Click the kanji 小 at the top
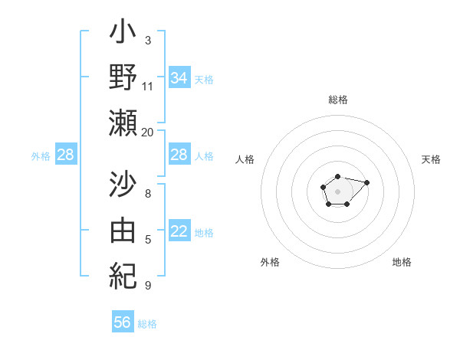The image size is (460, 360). point(123,35)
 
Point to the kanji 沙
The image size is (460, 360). point(123,187)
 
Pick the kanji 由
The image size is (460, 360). point(123,230)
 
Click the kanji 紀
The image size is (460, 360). point(123,273)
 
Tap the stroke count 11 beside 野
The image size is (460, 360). point(148,87)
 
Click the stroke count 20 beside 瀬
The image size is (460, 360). point(148,132)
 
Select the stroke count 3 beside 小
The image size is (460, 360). point(148,40)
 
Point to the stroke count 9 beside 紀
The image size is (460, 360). point(148,285)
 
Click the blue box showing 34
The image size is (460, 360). point(179,78)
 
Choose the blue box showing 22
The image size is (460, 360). point(179,232)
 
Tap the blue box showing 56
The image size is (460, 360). point(123,322)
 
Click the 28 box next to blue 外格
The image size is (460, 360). point(65,155)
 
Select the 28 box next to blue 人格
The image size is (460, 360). point(179,155)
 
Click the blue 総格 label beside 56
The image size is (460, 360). point(147,324)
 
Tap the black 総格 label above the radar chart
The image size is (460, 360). point(337,100)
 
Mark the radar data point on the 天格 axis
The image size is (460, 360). point(366,182)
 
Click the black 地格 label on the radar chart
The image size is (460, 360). point(402,262)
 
